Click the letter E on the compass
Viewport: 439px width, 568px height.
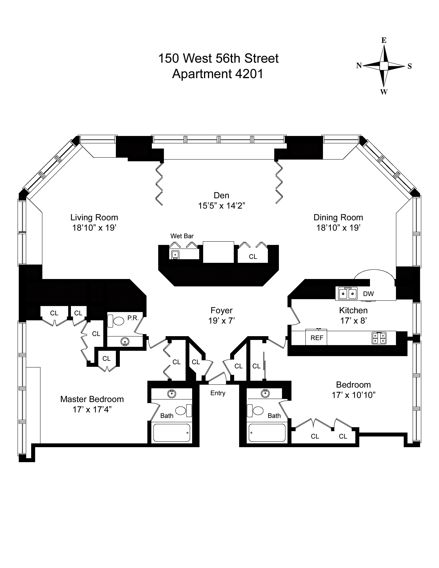click(384, 40)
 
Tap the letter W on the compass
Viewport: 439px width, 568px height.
click(384, 92)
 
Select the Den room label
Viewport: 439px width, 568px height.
click(221, 195)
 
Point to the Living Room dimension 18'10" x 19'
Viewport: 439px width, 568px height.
click(94, 228)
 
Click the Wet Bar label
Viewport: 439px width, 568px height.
click(182, 236)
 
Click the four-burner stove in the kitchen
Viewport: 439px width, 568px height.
click(379, 338)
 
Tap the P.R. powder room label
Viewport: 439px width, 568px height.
click(133, 318)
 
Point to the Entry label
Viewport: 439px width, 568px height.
click(218, 393)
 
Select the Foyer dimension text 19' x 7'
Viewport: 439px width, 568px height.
click(222, 321)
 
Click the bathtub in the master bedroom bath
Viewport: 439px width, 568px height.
click(172, 433)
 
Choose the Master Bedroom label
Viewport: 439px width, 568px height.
click(92, 399)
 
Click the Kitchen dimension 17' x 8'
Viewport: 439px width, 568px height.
click(353, 321)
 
